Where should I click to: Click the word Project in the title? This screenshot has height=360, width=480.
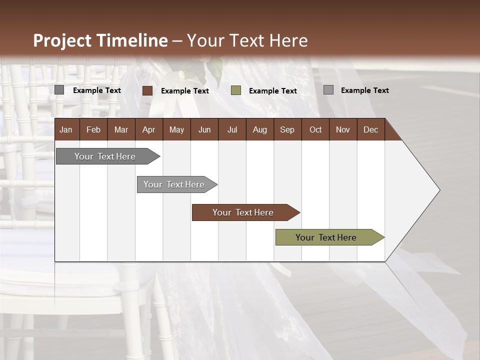point(63,40)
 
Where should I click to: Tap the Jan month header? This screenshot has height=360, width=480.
point(66,129)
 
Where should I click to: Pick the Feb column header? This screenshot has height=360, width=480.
point(93,129)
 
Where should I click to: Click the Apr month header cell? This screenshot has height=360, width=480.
point(148,129)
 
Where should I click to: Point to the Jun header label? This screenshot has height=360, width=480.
point(204,129)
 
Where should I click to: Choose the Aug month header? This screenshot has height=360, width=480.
point(259,129)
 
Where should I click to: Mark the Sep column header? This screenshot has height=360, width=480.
point(287,129)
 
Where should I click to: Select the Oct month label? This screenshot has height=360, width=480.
point(315,129)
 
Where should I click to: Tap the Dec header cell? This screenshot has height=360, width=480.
point(370,129)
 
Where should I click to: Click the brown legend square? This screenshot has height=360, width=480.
point(147,90)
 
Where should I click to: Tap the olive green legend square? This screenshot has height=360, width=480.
point(236,90)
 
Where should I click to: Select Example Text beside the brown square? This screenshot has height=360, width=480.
point(185,91)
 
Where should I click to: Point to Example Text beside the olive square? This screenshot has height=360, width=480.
point(273,91)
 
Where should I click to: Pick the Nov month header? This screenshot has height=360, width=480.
point(343,129)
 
